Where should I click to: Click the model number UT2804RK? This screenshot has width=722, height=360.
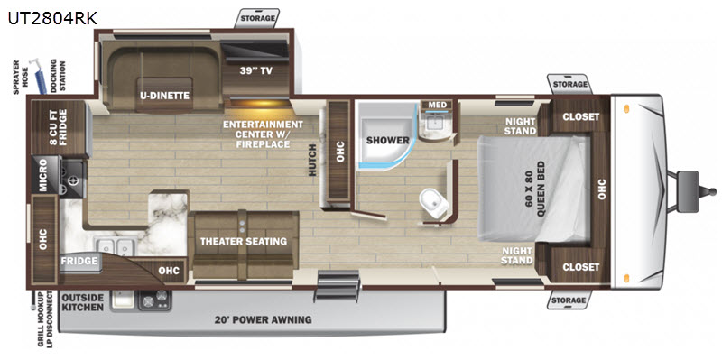(x=52, y=18)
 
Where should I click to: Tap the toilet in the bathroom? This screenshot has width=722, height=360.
(x=434, y=204)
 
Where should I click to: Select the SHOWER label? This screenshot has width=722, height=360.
(x=388, y=140)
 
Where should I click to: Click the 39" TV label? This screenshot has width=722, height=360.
(x=256, y=71)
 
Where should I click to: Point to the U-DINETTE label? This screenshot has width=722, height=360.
(x=165, y=96)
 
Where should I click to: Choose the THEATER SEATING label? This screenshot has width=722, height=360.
(x=244, y=241)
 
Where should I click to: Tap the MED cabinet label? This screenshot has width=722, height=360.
(x=437, y=105)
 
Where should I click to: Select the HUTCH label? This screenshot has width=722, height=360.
(x=312, y=160)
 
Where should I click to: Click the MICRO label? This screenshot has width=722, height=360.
(x=43, y=176)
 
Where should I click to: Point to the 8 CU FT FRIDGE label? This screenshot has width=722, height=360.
(x=59, y=127)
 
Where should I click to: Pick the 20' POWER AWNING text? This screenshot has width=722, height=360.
(x=264, y=319)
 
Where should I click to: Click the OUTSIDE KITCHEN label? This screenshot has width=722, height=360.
(x=83, y=302)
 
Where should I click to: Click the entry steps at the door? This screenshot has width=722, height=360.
(x=338, y=286)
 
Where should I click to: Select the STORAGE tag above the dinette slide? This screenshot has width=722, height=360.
(x=257, y=18)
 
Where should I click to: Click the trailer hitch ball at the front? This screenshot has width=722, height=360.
(x=712, y=190)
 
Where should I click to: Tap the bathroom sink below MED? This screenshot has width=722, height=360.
(x=435, y=125)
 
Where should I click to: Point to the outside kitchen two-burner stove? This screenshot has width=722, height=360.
(x=155, y=300)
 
